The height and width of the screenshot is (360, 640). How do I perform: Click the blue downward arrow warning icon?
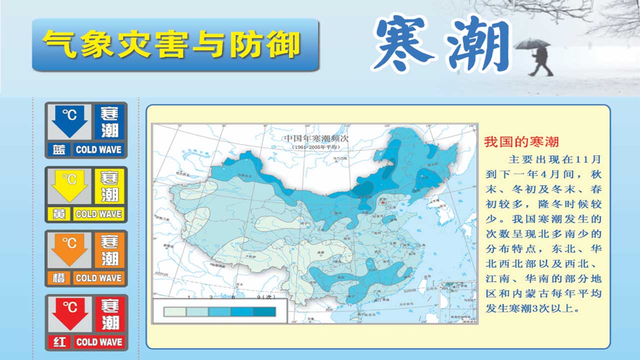pyautogui.click(x=69, y=121)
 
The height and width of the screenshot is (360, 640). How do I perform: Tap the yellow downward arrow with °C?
pyautogui.click(x=69, y=185)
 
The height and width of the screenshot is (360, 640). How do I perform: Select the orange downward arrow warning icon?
pyautogui.click(x=69, y=249)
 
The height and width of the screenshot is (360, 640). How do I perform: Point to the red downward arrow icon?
pyautogui.click(x=69, y=313)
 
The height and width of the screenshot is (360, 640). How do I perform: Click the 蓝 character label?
pyautogui.click(x=59, y=149)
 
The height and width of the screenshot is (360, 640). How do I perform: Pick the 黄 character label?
pyautogui.click(x=59, y=213)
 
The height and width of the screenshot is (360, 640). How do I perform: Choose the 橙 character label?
pyautogui.click(x=59, y=277)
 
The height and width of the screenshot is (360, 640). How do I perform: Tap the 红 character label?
pyautogui.click(x=59, y=342)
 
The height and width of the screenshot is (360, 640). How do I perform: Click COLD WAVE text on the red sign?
pyautogui.click(x=98, y=342)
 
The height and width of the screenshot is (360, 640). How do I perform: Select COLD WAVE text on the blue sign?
pyautogui.click(x=98, y=149)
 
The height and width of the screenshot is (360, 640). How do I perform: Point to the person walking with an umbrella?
pyautogui.click(x=538, y=57)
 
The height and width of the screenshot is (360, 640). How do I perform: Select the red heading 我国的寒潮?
pyautogui.click(x=521, y=142)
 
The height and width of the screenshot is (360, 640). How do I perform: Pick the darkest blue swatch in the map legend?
pyautogui.click(x=264, y=311)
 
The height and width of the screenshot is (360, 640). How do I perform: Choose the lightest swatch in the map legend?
pyautogui.click(x=175, y=311)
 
